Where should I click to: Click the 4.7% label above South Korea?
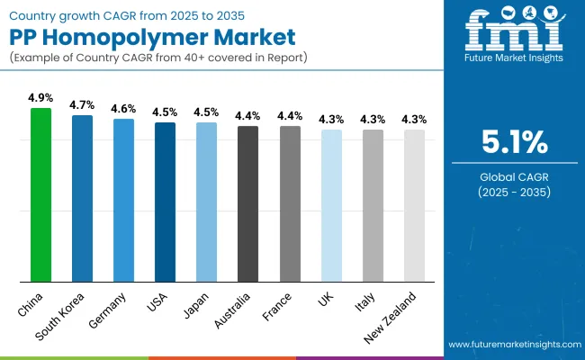tap(83, 104)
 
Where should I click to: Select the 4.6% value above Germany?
tap(123, 108)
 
